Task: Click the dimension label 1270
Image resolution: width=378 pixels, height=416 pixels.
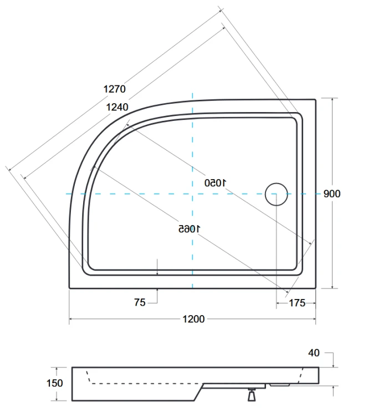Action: (114, 89)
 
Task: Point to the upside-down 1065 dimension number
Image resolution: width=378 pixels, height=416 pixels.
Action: (190, 228)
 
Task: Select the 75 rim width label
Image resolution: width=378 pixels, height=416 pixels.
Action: (140, 302)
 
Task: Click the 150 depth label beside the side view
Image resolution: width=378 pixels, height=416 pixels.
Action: (55, 383)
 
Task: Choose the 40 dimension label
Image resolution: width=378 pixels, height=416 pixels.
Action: (314, 353)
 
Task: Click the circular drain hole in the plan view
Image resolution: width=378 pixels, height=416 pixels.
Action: (276, 194)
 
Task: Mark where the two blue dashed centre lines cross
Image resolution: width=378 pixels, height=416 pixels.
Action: (192, 194)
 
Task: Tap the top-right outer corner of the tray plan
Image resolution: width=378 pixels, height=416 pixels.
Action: (316, 100)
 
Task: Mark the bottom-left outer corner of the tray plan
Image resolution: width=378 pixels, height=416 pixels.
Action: (69, 288)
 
